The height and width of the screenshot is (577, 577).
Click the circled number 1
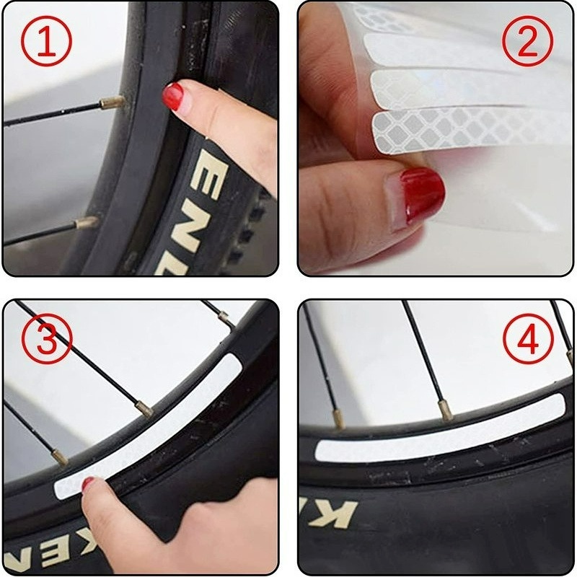point(46,41)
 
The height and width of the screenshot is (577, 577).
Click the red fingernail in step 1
point(172,96)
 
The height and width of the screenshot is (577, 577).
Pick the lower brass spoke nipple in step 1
point(88,221)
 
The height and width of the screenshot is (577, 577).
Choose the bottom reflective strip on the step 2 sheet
point(469,126)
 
